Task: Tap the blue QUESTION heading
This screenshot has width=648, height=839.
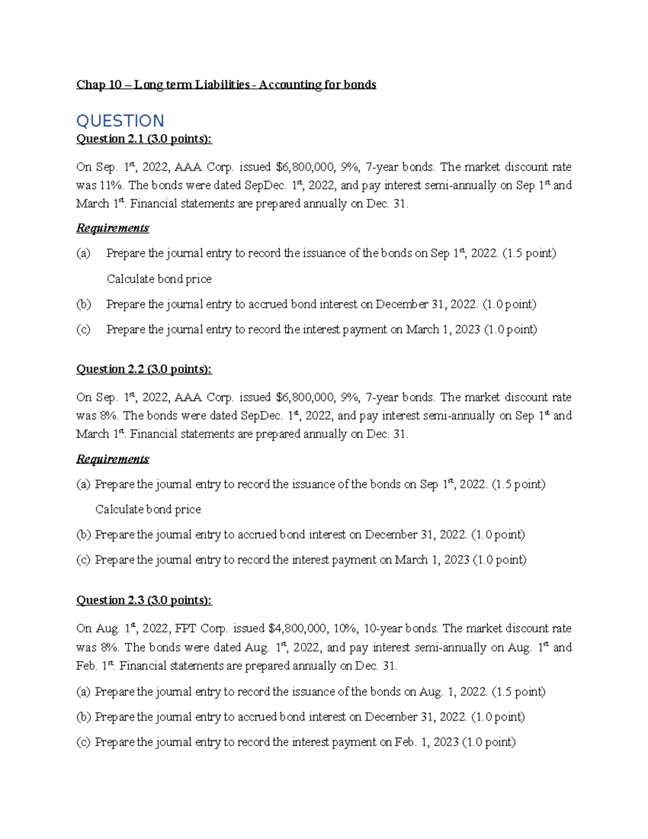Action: tap(120, 120)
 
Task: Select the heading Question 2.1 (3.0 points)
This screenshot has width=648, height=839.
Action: tap(144, 139)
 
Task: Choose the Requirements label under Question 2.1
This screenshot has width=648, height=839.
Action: tap(112, 228)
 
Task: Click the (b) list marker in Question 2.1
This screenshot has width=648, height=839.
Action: tap(83, 304)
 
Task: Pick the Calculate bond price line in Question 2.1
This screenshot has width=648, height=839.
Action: tap(159, 279)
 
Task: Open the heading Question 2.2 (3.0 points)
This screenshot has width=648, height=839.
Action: tap(144, 370)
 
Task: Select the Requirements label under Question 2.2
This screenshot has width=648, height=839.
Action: tap(112, 459)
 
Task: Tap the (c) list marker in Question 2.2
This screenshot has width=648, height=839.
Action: tap(83, 560)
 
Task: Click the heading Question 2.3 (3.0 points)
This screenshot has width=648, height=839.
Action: tap(144, 600)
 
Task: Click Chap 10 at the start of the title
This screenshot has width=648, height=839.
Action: tap(99, 85)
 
